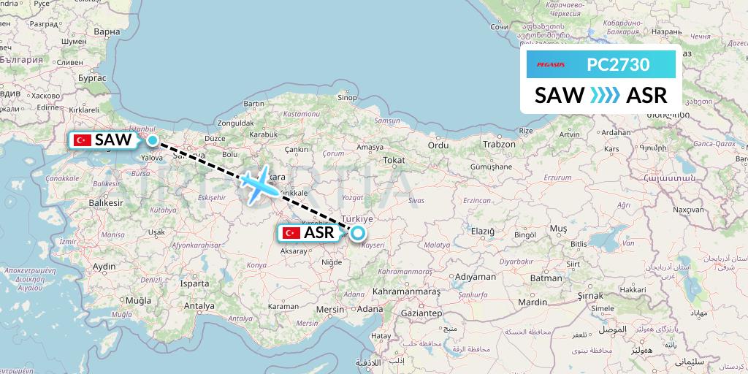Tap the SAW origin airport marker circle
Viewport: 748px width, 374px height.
click(152, 140)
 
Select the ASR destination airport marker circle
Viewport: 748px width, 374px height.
click(358, 234)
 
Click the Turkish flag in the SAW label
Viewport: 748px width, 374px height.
click(82, 140)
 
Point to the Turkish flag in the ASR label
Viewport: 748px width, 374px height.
click(291, 233)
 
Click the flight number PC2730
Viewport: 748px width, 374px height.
click(618, 64)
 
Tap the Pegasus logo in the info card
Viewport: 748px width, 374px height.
click(552, 64)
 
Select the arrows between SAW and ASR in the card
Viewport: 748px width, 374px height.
click(605, 95)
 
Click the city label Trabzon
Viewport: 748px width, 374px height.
click(500, 145)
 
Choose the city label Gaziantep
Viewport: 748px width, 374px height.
click(418, 313)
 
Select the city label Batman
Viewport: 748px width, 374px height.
click(546, 278)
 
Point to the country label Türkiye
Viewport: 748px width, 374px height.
click(359, 218)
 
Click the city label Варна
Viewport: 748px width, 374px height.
click(107, 32)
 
